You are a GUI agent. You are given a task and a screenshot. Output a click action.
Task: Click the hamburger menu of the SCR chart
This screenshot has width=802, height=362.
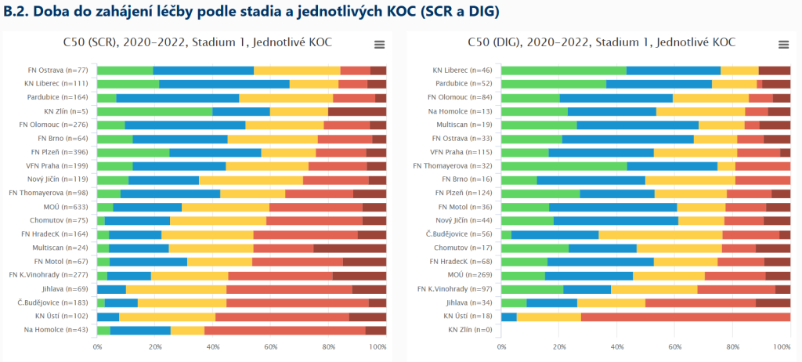tap(380, 45)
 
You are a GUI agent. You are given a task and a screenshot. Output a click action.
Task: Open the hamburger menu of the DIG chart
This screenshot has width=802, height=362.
tap(783, 45)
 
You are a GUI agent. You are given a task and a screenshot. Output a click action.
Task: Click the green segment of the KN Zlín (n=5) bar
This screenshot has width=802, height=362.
tap(154, 111)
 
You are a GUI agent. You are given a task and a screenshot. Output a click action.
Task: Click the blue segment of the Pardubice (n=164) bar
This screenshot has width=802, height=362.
tap(178, 98)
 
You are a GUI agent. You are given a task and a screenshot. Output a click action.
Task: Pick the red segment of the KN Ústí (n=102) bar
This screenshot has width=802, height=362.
tap(282, 317)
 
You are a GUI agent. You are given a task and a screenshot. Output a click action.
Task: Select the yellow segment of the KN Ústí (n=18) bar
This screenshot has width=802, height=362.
tap(548, 317)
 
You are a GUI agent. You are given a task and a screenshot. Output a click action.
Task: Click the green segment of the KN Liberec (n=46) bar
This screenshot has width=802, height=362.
tap(563, 71)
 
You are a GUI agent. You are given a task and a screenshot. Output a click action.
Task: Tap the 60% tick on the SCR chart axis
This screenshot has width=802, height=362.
tap(270, 346)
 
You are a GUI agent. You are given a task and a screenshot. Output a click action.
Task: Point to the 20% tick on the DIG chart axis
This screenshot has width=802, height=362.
tap(559, 346)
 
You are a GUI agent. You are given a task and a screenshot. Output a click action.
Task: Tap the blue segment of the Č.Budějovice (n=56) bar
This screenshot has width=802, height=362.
tap(555, 234)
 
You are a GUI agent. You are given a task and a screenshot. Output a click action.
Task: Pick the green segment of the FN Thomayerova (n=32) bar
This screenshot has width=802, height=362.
tap(564, 166)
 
